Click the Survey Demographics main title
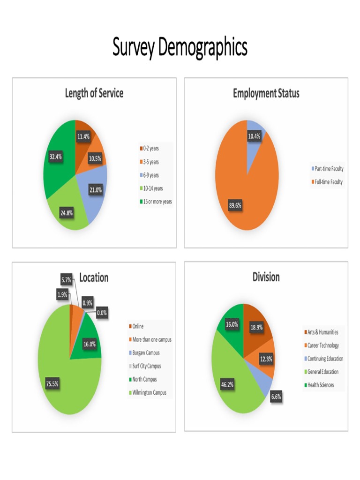pyautogui.click(x=180, y=47)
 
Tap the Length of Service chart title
pyautogui.click(x=94, y=93)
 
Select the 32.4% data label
pyautogui.click(x=55, y=157)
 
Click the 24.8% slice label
pyautogui.click(x=67, y=213)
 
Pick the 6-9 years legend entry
pyautogui.click(x=149, y=175)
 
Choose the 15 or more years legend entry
pyautogui.click(x=156, y=202)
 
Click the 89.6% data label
pyautogui.click(x=235, y=205)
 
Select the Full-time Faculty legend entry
pyautogui.click(x=327, y=182)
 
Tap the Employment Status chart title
pyautogui.click(x=266, y=93)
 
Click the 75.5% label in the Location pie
pyautogui.click(x=52, y=384)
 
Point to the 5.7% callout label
pyautogui.click(x=66, y=280)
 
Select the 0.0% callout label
pyautogui.click(x=102, y=313)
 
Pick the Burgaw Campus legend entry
pyautogui.click(x=144, y=352)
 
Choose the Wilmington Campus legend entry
pyautogui.click(x=148, y=392)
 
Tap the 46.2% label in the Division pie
pyautogui.click(x=227, y=384)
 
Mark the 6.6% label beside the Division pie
pyautogui.click(x=276, y=397)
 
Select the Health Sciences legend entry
pyautogui.click(x=319, y=385)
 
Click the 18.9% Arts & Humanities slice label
pyautogui.click(x=256, y=327)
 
